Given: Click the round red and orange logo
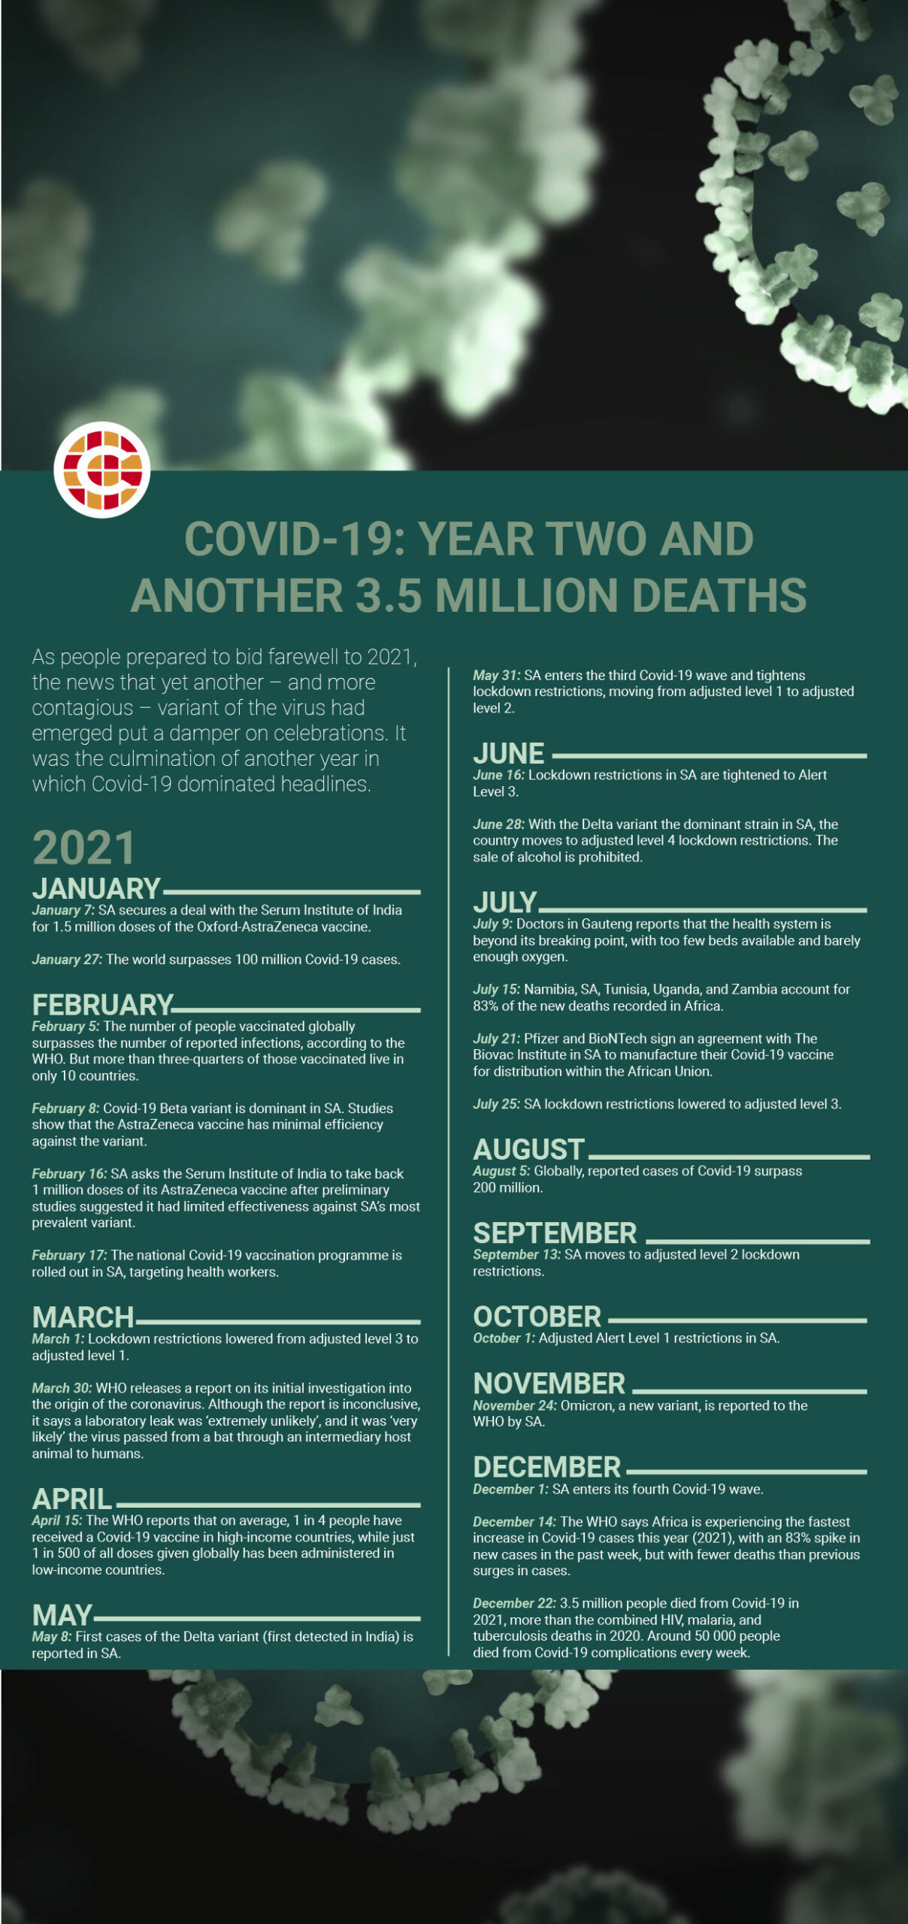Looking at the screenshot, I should tap(102, 470).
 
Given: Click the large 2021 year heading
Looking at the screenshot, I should tap(83, 848).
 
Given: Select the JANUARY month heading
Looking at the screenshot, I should tap(96, 889).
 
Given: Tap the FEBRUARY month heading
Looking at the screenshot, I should tap(102, 1005).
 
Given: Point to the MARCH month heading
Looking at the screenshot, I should tap(83, 1317).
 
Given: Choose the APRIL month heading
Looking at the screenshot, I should tap(72, 1499).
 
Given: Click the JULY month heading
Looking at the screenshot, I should tap(504, 903).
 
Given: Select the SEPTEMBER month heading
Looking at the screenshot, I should tap(555, 1233).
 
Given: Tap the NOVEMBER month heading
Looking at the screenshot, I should tap(549, 1384).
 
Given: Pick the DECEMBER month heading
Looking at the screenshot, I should tap(546, 1467).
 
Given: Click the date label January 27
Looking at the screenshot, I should tap(67, 960).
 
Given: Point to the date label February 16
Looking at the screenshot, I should tap(69, 1174).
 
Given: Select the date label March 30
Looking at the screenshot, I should tap(62, 1388).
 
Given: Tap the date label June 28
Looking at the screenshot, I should tap(498, 824).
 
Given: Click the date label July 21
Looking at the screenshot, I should tap(496, 1039).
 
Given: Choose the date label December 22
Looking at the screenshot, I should tap(514, 1603).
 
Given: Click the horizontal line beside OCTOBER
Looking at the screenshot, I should tap(737, 1320).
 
